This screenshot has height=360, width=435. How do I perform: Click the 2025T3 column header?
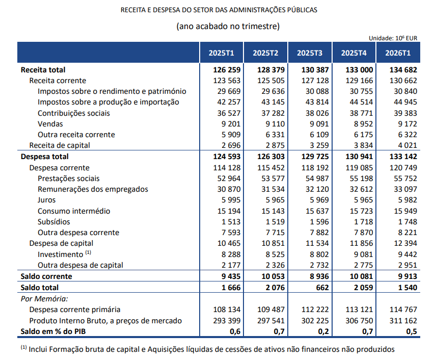pos(310,53)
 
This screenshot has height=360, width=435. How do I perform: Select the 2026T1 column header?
pos(398,53)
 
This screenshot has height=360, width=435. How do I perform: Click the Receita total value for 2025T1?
pos(227,70)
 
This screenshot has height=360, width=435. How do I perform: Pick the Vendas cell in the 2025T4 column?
pos(363,124)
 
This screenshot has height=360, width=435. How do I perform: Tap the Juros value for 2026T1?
pos(407,200)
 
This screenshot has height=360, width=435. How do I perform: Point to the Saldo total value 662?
pos(322,288)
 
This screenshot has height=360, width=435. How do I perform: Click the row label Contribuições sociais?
pos(74,113)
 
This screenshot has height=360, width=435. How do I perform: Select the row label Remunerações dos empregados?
pos(93,189)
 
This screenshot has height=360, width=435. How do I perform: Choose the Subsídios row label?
pos(54,222)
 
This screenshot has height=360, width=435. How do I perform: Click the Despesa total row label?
pos(45,157)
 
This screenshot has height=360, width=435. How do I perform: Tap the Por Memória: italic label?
pos(44,299)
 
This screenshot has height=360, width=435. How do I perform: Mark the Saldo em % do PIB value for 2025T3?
pos(323,331)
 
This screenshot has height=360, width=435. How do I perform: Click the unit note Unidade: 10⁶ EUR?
pos(393,38)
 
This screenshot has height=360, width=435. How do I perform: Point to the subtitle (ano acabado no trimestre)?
pos(228,26)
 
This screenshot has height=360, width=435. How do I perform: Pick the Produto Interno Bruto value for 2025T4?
pos(359,321)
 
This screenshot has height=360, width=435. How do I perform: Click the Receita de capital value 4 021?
pos(407,145)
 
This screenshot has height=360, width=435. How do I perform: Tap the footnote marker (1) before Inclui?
pos(24,347)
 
